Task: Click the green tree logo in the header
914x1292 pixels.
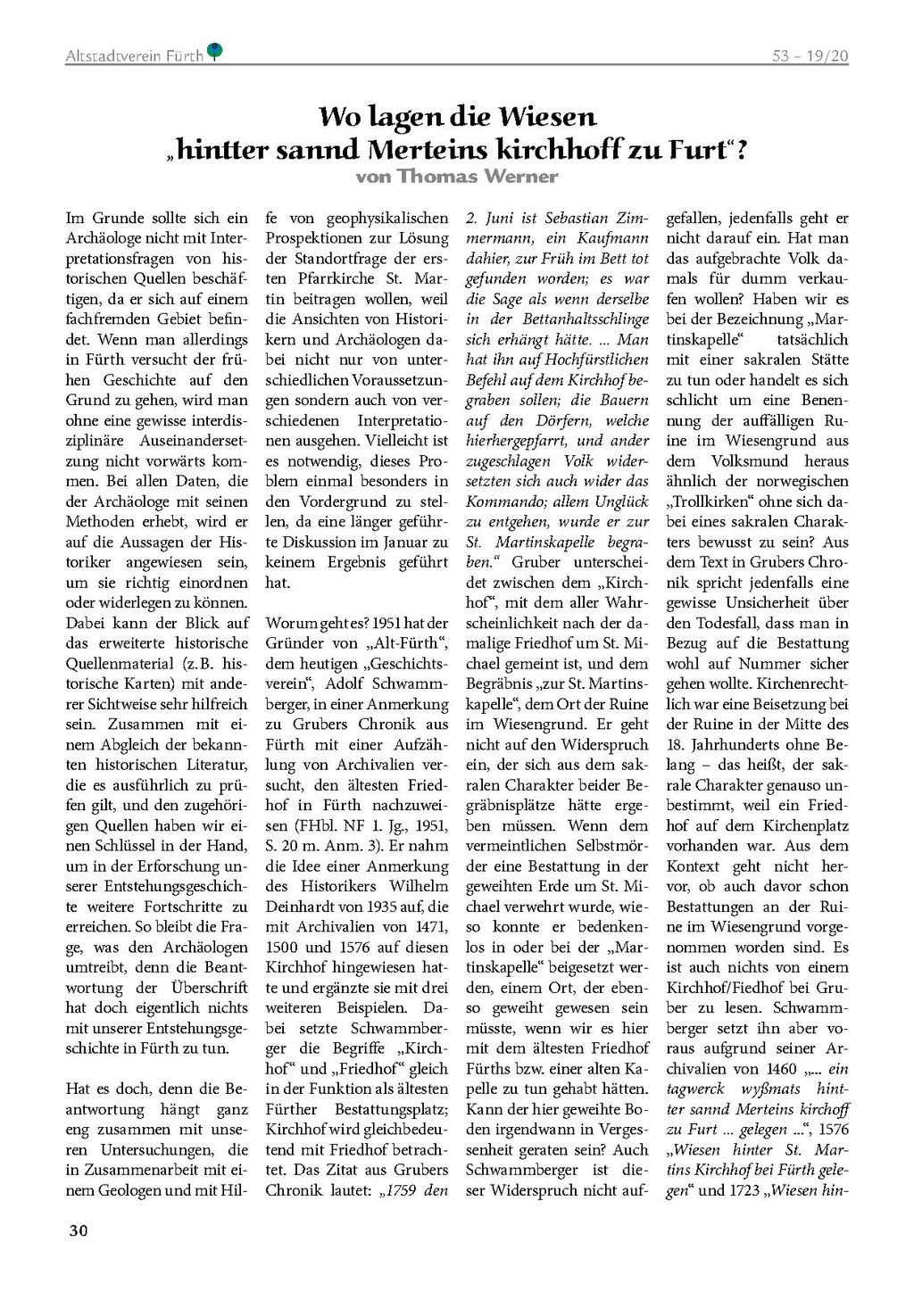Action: pos(215,52)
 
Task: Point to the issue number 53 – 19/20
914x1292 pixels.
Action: pos(810,56)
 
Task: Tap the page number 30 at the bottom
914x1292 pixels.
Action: pos(79,1231)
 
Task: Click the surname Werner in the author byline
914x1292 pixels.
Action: pos(520,176)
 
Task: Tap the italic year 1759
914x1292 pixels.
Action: pos(399,1190)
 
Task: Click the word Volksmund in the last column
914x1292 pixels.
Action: pos(750,461)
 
